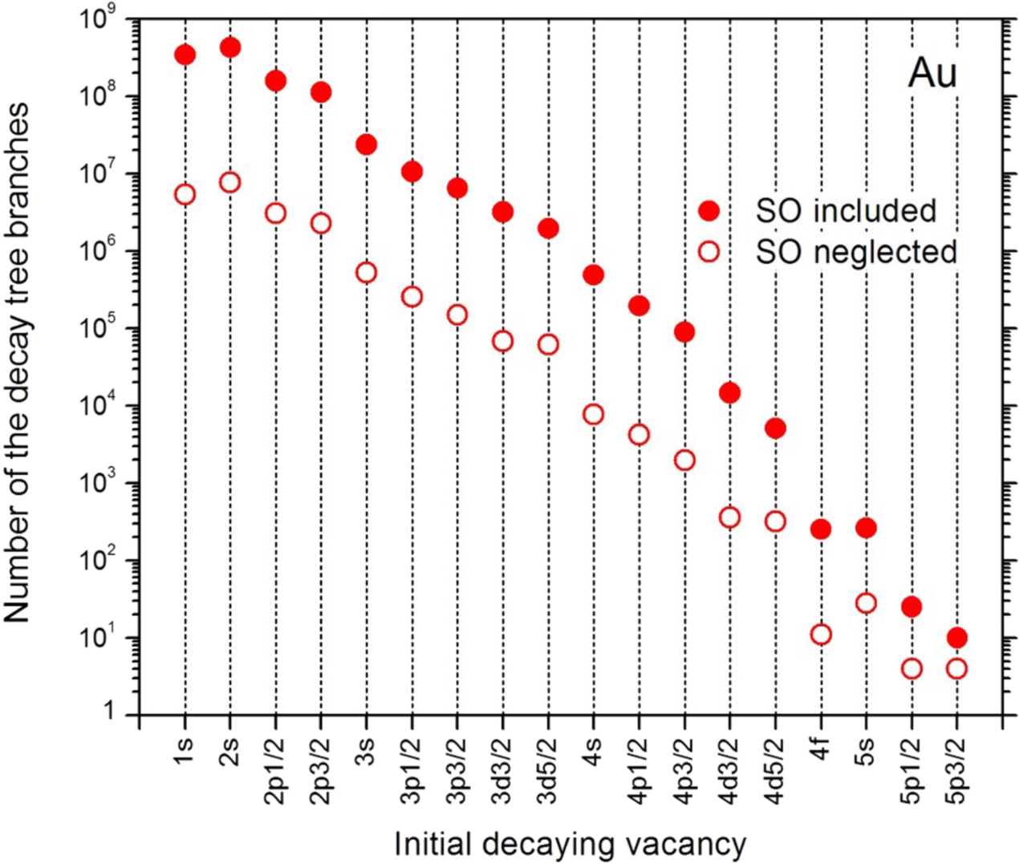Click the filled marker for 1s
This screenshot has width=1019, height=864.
[x=185, y=55]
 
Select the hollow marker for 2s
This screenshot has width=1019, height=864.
[x=230, y=183]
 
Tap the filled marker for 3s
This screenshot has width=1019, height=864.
[x=367, y=144]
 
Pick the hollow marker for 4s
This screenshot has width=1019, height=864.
[x=594, y=415]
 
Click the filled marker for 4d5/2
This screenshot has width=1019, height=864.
[x=775, y=428]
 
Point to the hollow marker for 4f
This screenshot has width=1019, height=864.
[x=821, y=635]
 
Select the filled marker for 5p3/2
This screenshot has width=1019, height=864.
[x=956, y=639]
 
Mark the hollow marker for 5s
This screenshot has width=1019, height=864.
[x=866, y=603]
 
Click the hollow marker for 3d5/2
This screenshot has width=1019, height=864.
[x=548, y=345]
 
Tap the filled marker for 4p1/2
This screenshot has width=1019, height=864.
[x=639, y=306]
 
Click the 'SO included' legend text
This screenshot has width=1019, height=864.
[x=846, y=211]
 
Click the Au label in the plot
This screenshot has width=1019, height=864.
[x=932, y=74]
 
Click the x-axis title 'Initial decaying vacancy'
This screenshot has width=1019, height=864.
[x=570, y=844]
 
